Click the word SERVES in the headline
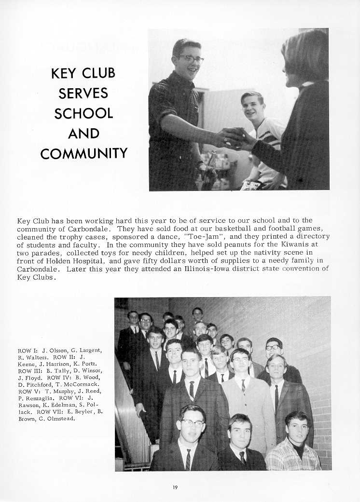point(83,93)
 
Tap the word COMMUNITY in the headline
point(83,154)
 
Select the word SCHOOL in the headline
point(83,113)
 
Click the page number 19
point(175,488)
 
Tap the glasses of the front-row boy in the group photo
point(192,422)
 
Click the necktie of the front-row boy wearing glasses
point(188,459)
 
